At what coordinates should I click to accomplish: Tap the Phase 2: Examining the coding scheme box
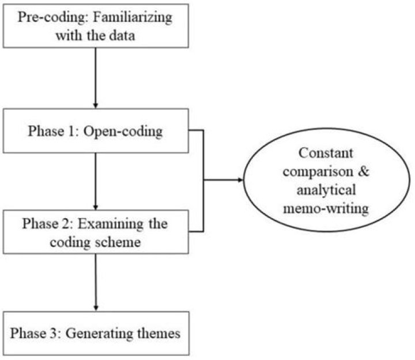[x=96, y=231]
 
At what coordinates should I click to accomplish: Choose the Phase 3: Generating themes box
[x=96, y=333]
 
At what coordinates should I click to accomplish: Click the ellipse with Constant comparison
[x=326, y=179]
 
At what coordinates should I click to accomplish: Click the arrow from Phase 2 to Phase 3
[x=96, y=282]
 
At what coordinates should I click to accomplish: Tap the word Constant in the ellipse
[x=326, y=154]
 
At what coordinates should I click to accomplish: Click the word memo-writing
[x=326, y=206]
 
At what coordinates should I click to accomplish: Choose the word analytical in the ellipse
[x=326, y=189]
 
